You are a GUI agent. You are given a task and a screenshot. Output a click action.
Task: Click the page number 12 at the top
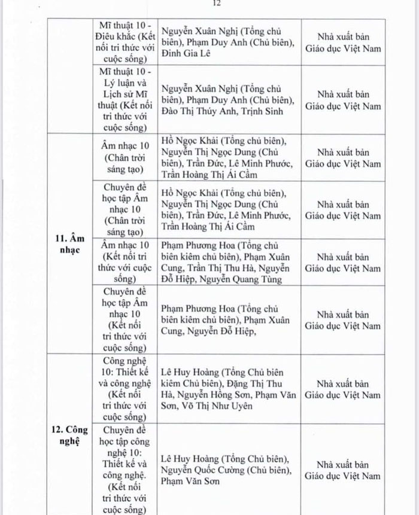click(x=217, y=4)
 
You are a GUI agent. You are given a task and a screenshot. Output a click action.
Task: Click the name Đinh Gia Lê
click(x=188, y=54)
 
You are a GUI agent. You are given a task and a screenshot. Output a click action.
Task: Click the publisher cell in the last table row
click(x=343, y=470)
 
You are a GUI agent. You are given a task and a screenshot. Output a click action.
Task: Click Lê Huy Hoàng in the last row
click(x=190, y=459)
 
